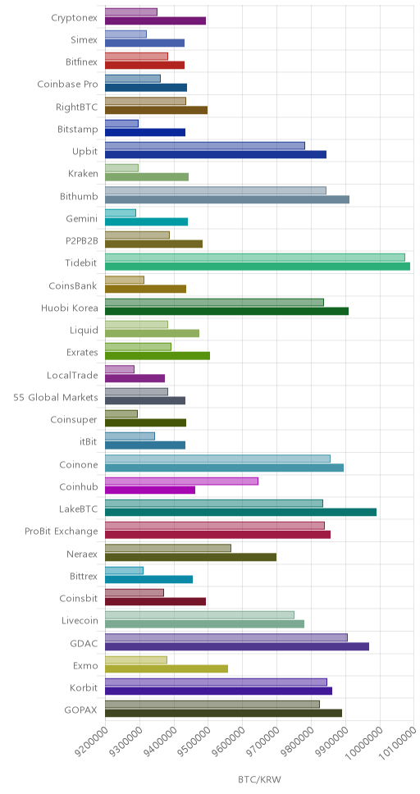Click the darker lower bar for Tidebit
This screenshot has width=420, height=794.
(x=258, y=267)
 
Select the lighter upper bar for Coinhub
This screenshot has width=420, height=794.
(x=181, y=481)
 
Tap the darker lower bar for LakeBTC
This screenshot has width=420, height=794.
(x=240, y=512)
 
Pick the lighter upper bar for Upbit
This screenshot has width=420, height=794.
(x=205, y=145)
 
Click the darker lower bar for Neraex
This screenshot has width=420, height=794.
(x=190, y=557)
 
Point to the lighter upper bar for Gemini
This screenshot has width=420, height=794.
(x=121, y=212)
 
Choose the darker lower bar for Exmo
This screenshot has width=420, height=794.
(x=167, y=669)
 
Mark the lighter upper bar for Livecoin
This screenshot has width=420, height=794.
(x=199, y=614)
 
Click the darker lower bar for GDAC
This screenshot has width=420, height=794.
(x=237, y=646)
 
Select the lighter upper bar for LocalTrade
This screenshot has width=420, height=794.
(x=120, y=369)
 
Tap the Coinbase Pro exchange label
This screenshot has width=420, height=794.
(x=67, y=84)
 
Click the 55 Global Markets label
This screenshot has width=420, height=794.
(x=56, y=397)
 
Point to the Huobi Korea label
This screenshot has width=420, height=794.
(x=70, y=308)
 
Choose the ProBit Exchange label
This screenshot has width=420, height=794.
(x=62, y=532)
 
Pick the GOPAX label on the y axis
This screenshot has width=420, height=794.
(x=81, y=710)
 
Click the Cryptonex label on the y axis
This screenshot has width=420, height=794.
(x=75, y=18)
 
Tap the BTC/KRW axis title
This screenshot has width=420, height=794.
(x=259, y=778)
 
